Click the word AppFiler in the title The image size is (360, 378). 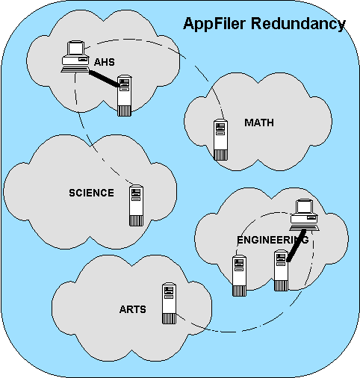point(214,25)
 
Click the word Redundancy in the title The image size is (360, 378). point(298,24)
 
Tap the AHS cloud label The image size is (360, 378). point(105,62)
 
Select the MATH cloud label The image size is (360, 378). point(259,123)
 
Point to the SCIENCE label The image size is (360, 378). point(91,193)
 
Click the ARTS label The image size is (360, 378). point(133,309)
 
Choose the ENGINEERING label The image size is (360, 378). point(273,240)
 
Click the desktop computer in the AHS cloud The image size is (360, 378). point(75,57)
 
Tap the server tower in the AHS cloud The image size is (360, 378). point(124,96)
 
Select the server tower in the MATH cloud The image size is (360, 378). point(221,140)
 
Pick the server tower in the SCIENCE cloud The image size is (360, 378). point(137,205)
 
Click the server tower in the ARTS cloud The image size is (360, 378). point(169,303)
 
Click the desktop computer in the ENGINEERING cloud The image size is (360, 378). point(304,215)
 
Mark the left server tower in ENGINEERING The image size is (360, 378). point(239,276)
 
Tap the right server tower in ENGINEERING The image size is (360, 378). point(281,270)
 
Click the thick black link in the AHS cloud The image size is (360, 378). point(104,78)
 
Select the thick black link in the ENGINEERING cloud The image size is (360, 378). point(296,246)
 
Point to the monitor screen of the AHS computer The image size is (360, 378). point(75,48)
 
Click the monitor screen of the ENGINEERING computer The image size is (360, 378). point(304,207)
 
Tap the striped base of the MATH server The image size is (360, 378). point(221,155)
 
